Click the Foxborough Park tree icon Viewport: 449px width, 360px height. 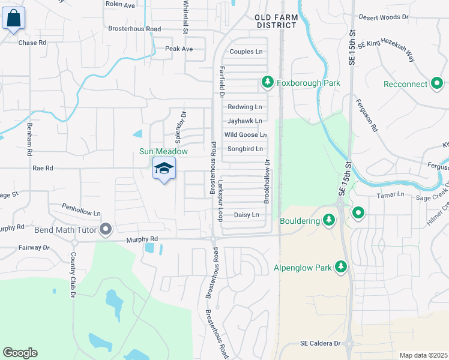click(267, 82)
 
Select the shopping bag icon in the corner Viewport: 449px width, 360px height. click(14, 19)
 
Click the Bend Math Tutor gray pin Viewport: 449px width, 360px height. click(106, 229)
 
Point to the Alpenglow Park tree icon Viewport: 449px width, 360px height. click(341, 266)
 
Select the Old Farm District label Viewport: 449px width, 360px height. click(276, 22)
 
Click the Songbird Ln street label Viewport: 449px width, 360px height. click(244, 149)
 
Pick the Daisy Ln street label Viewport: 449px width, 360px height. click(246, 215)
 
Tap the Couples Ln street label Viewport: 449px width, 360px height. click(246, 52)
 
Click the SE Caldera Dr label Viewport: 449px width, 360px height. click(321, 344)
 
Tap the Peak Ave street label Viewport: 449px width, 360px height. click(179, 49)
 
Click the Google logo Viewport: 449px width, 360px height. click(20, 353)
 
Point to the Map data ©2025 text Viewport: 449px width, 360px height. click(423, 355)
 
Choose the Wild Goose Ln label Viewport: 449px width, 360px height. click(245, 135)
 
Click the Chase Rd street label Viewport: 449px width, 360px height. click(32, 43)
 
